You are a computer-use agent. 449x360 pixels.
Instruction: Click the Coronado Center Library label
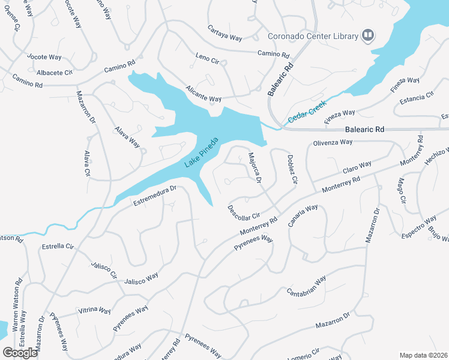click(313, 37)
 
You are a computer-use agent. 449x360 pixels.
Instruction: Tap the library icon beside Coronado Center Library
click(367, 36)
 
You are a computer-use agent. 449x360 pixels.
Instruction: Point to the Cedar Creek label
click(307, 112)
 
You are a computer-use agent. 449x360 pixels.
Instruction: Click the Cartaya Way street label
click(224, 33)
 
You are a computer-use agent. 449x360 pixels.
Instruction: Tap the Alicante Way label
click(203, 95)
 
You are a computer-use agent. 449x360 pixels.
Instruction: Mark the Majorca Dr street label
click(255, 167)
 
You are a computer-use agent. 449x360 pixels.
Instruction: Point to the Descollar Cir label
click(243, 212)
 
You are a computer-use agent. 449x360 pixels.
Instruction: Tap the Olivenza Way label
click(333, 142)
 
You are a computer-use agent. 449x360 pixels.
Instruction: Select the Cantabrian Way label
click(306, 286)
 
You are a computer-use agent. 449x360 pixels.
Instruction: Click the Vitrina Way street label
click(95, 311)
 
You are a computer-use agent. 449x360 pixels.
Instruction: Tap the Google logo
click(20, 353)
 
